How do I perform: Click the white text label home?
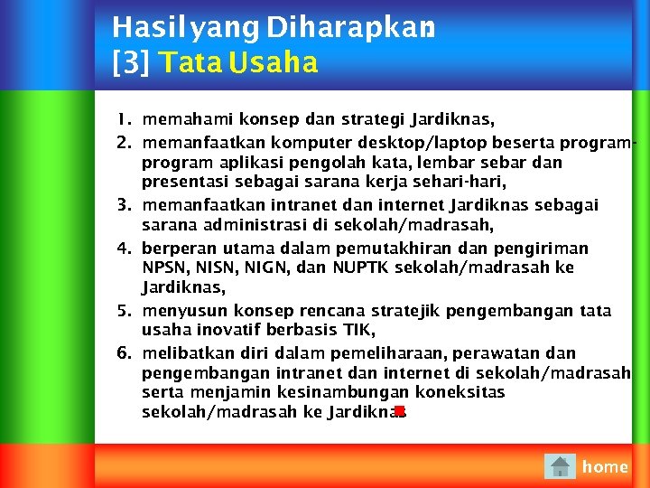(x=605, y=466)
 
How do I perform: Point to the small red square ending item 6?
(x=399, y=412)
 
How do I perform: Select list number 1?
(x=125, y=119)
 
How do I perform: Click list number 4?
(x=125, y=248)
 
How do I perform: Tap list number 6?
(x=125, y=352)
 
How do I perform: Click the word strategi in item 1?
(x=370, y=119)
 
